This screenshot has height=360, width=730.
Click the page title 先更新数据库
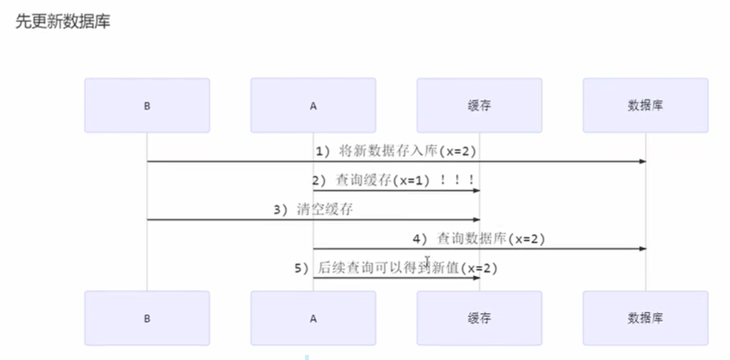pos(63,22)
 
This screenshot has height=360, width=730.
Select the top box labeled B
pos(147,106)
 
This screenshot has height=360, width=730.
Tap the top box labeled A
pos(312,106)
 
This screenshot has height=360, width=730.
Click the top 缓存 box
pos(479,106)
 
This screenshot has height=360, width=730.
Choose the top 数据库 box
pos(645,106)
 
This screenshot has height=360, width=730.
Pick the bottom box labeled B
pos(147,318)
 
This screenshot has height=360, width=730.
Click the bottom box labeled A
pos(312,318)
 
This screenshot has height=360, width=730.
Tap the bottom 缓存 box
pos(479,318)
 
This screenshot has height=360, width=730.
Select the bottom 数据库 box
pos(645,318)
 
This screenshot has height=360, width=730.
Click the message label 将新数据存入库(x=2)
pos(395,151)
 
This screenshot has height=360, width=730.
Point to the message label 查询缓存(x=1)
pos(378,180)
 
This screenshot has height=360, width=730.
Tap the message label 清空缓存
pos(313,210)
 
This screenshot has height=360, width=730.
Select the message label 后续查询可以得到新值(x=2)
pos(395,268)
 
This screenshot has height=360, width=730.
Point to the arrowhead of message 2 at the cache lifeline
pos(476,190)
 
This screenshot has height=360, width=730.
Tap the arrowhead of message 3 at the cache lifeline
pos(476,219)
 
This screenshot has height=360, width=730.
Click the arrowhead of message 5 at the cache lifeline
pos(476,278)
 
